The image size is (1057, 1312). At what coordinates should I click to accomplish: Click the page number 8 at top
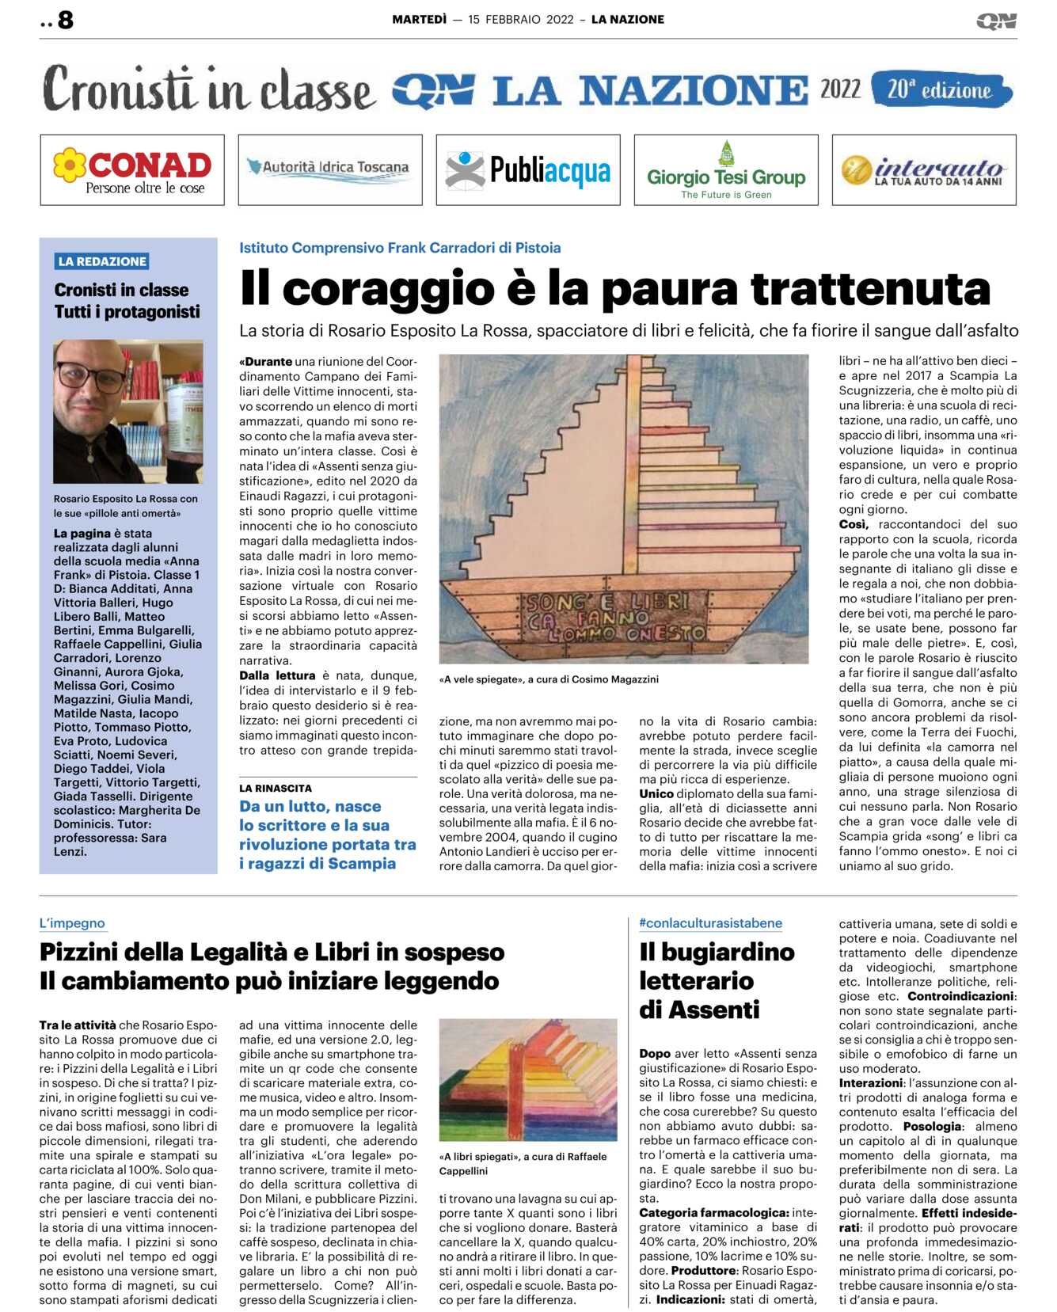(65, 20)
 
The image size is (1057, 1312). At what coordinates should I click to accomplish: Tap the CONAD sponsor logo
(132, 170)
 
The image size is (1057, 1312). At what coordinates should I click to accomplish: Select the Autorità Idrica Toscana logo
(329, 168)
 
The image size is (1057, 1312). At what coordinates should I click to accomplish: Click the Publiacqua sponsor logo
(528, 170)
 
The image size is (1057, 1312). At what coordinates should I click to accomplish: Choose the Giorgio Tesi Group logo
(726, 171)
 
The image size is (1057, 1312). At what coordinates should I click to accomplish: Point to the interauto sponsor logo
(924, 170)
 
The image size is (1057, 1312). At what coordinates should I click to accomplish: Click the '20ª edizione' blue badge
(940, 89)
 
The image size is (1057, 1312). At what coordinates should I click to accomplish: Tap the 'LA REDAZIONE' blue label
(102, 261)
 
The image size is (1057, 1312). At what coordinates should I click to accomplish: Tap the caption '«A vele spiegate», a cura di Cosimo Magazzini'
(549, 679)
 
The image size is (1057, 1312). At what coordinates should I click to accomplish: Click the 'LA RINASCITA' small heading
(276, 789)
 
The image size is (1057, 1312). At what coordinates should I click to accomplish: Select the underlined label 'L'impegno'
(72, 923)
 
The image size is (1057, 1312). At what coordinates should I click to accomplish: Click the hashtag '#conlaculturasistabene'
(710, 923)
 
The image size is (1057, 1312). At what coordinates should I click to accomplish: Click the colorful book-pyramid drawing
(528, 1080)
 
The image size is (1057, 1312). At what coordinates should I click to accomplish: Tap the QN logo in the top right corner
(996, 21)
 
